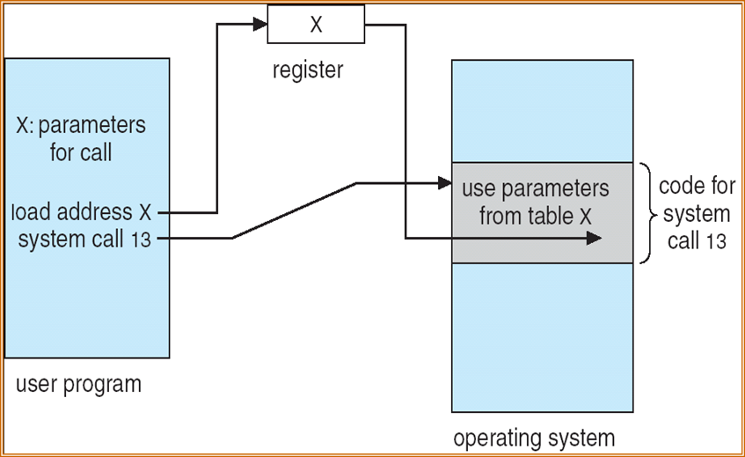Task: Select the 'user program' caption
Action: click(x=78, y=385)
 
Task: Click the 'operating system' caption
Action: click(x=534, y=438)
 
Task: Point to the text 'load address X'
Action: click(x=82, y=212)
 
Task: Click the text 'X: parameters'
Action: click(x=81, y=126)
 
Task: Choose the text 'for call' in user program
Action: click(x=81, y=152)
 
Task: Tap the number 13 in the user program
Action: click(x=141, y=239)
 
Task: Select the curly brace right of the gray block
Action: click(x=646, y=212)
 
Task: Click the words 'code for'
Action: click(x=698, y=188)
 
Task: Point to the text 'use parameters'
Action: click(x=535, y=189)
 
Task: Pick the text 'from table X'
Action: click(x=535, y=217)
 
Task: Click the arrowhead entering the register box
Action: click(x=261, y=26)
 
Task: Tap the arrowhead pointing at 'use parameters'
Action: click(x=444, y=184)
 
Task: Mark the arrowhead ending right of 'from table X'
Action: click(x=595, y=238)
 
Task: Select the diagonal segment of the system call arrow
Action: click(x=294, y=210)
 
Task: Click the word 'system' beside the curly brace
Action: click(x=697, y=214)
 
